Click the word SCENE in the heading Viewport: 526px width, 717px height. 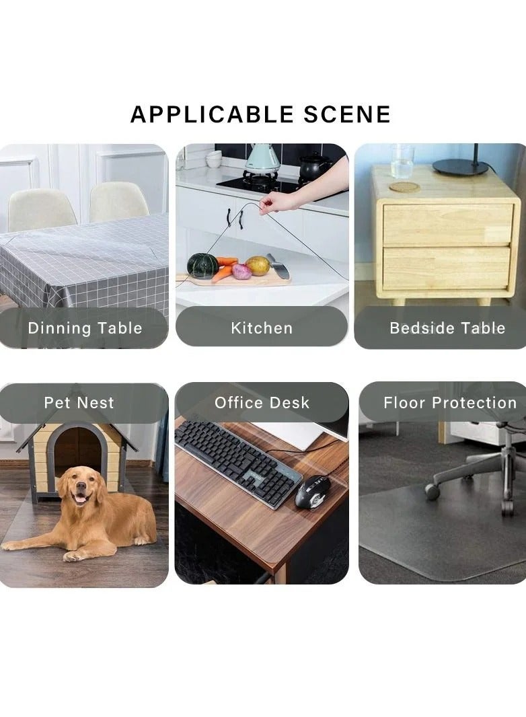coord(347,114)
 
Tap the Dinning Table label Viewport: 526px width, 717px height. coord(85,328)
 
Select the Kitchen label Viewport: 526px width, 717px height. coord(262,328)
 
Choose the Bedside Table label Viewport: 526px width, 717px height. coord(447,328)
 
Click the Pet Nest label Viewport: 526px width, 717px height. coord(79,402)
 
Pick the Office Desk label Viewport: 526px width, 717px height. coord(262,402)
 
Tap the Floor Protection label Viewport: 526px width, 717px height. coord(450,402)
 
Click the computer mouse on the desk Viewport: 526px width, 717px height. coord(310,492)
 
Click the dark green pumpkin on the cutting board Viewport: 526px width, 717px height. coord(202,266)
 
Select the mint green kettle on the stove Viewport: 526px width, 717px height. coord(262,157)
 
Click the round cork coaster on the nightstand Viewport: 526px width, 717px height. coord(405,187)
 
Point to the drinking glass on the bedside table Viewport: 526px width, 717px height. coord(402,161)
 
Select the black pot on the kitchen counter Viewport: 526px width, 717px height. coord(314,166)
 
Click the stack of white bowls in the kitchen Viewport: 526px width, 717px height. coord(214,159)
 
